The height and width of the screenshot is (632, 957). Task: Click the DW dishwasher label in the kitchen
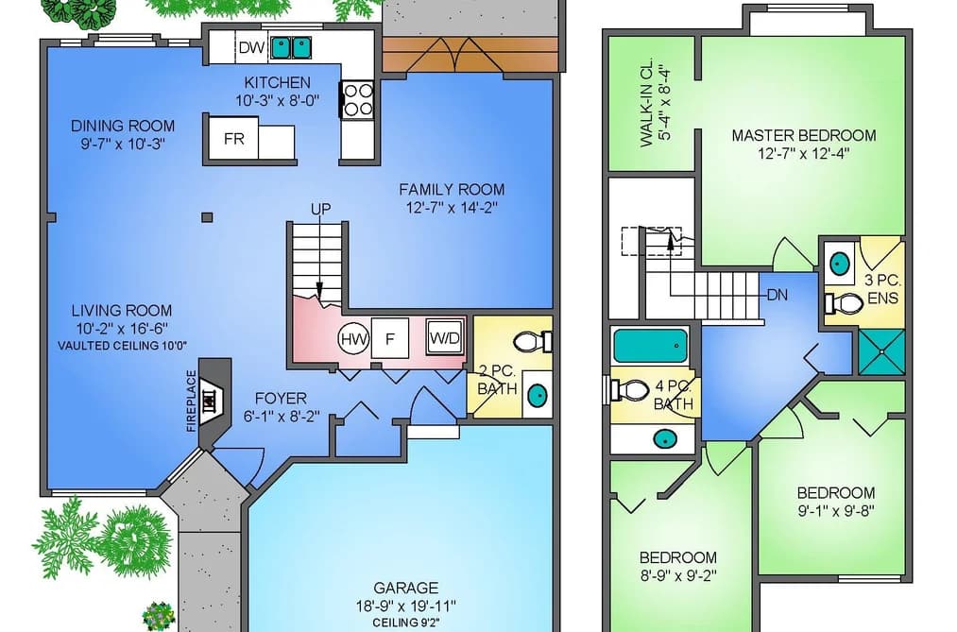tap(251, 47)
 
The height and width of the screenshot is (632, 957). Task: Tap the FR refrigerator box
tap(233, 139)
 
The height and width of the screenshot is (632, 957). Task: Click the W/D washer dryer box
tap(445, 338)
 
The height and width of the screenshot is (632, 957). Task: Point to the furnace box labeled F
tap(390, 338)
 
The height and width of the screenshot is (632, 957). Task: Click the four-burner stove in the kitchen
tap(358, 100)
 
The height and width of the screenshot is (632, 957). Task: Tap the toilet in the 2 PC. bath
tap(532, 342)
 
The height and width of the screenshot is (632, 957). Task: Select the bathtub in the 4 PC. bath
tap(650, 346)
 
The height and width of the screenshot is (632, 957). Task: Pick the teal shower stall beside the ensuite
tap(881, 352)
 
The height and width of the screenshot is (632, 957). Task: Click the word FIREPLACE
tap(191, 401)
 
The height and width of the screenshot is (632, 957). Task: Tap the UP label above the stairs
tap(321, 209)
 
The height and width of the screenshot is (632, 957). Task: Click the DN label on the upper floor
tap(777, 296)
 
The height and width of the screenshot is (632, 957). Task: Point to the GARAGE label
tap(406, 589)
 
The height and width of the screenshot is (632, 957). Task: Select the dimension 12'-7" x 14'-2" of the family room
tap(452, 208)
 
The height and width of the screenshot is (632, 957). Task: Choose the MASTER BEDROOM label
tap(804, 135)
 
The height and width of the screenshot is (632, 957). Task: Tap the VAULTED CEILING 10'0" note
tap(122, 346)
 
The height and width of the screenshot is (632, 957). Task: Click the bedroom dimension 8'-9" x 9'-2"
tap(678, 575)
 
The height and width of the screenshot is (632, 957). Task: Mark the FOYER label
tap(281, 399)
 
